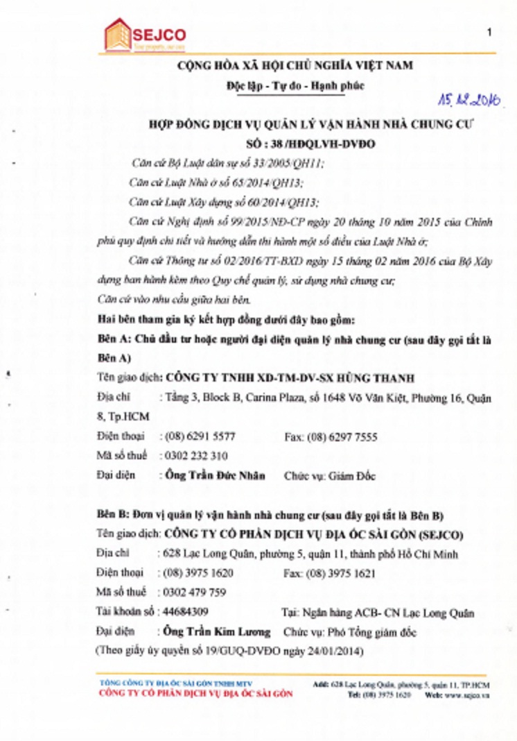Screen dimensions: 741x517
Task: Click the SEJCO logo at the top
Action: [x=144, y=35]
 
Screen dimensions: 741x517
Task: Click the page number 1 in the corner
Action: [x=490, y=32]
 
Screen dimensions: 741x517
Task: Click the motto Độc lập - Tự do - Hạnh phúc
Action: [x=285, y=86]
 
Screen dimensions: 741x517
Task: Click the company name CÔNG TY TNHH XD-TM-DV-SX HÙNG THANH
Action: [x=288, y=378]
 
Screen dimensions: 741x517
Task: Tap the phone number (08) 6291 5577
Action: [x=198, y=436]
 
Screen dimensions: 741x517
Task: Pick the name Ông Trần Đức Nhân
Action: [x=207, y=476]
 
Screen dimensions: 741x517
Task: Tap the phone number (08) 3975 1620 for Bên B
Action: [x=198, y=573]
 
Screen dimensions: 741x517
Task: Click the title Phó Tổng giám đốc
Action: [x=383, y=632]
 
